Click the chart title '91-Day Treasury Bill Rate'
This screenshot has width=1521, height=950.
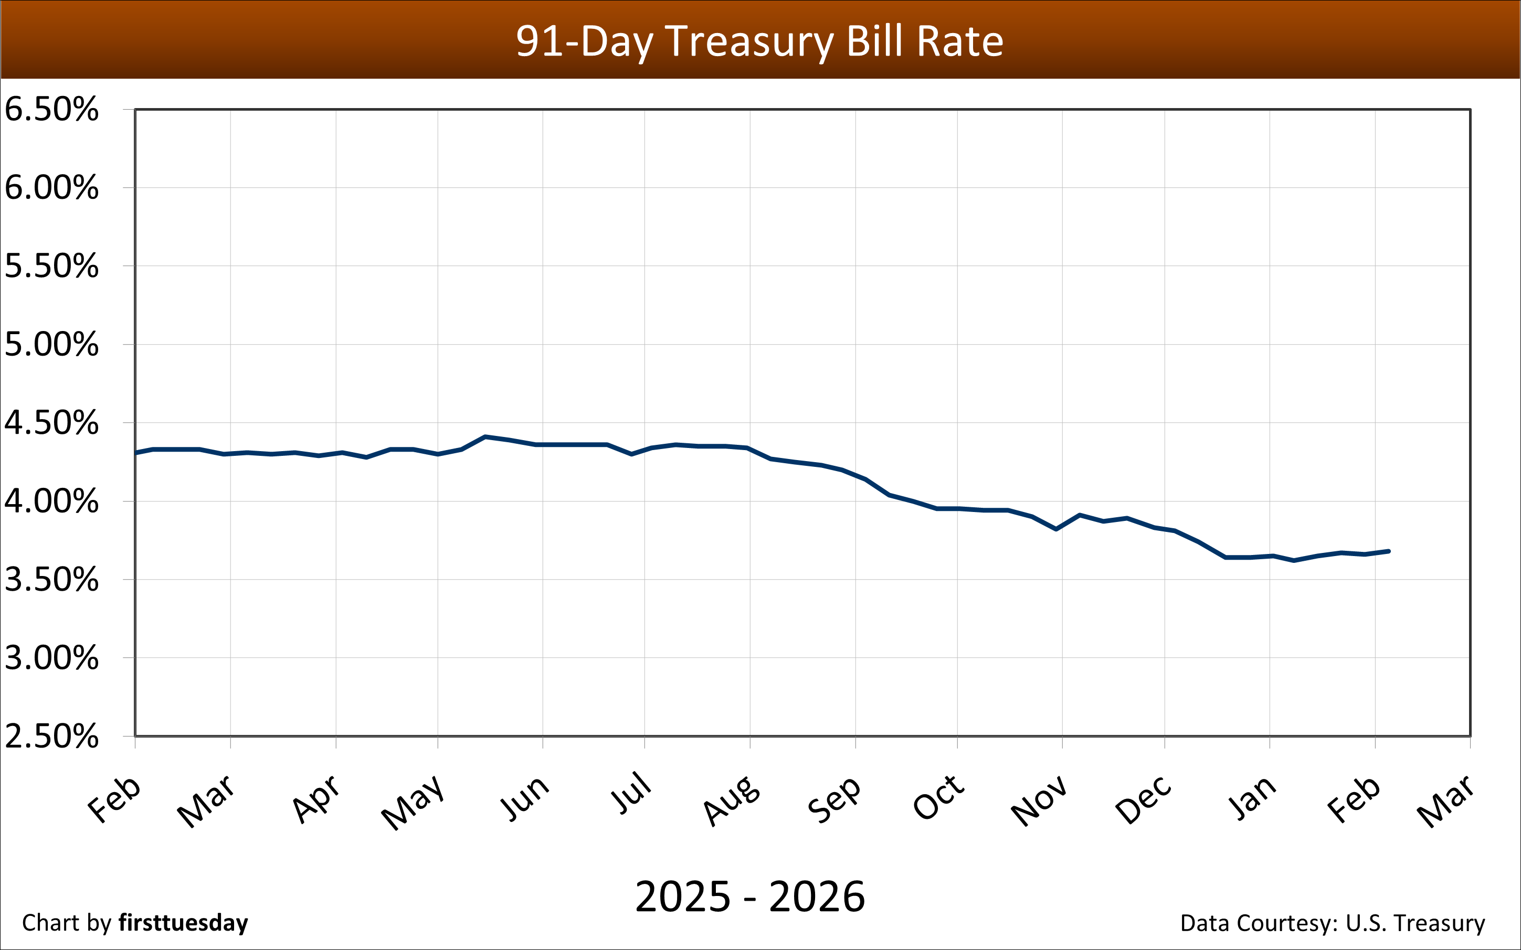pos(759,41)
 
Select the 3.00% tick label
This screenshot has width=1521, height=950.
pos(51,658)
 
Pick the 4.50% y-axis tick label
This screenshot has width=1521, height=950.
pos(51,423)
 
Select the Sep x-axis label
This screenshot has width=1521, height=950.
pos(833,799)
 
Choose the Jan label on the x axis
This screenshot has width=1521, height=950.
pos(1252,798)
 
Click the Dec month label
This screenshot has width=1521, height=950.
pos(1143,800)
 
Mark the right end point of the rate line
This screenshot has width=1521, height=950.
pos(1388,551)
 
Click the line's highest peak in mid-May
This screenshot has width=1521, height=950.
pos(484,436)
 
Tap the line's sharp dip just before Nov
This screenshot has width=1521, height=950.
pos(1057,529)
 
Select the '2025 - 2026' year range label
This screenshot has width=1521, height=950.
pos(750,896)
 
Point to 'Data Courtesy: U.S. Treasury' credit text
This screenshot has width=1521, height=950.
pos(1333,923)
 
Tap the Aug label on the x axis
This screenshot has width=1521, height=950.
pos(731,800)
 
